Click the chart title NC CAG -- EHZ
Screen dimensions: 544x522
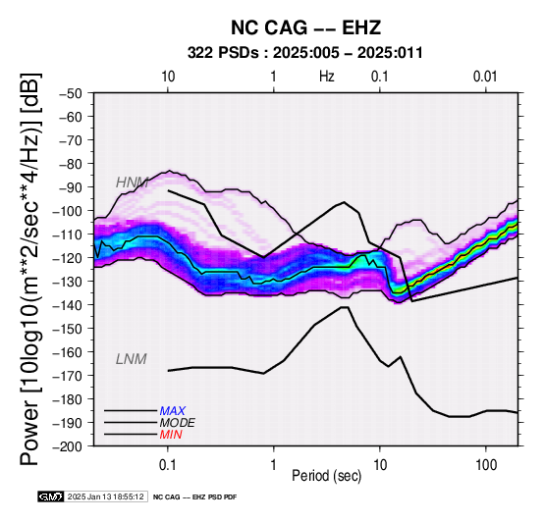(x=305, y=27)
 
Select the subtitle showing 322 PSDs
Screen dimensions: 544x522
(x=305, y=53)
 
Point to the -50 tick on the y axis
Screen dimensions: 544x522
(x=70, y=93)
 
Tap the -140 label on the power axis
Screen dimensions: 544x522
(x=68, y=305)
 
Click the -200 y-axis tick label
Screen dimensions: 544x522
(x=68, y=446)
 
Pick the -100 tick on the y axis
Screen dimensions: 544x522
(x=68, y=211)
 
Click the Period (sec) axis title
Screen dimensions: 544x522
(x=327, y=476)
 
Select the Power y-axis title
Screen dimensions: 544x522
(x=30, y=270)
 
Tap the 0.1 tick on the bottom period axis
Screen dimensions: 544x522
(x=168, y=465)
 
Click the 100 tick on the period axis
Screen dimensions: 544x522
(x=486, y=465)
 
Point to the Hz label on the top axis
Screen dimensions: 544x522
(x=327, y=77)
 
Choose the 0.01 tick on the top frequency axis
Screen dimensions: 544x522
(x=485, y=77)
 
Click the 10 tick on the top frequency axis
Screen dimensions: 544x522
(x=168, y=77)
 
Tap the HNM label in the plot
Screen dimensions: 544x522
(x=133, y=183)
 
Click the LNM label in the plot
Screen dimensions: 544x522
(x=132, y=359)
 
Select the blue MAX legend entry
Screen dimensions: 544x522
(x=173, y=411)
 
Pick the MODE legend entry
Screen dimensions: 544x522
(x=178, y=423)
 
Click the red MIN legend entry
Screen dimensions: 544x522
(x=171, y=435)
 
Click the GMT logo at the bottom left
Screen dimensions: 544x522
(x=51, y=496)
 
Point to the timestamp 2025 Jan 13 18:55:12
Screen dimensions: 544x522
(x=105, y=496)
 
